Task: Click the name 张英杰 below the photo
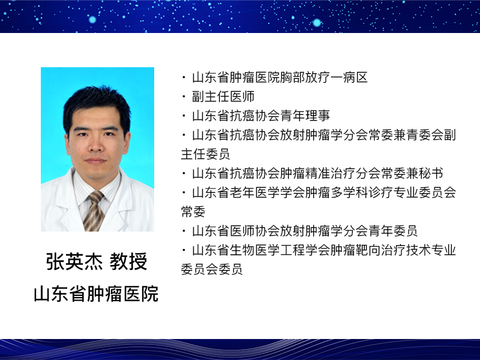74,262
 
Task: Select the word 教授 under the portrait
128,262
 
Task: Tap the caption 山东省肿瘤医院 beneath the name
96,294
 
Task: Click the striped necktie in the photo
94,211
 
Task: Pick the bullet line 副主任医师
223,97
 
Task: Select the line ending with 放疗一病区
280,77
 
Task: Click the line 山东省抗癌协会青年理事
261,116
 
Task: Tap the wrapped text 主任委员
205,154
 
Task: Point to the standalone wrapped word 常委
193,212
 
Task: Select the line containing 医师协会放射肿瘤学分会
305,231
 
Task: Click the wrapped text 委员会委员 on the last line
212,269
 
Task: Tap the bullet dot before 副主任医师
184,97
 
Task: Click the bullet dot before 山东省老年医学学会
184,193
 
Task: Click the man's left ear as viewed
67,142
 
